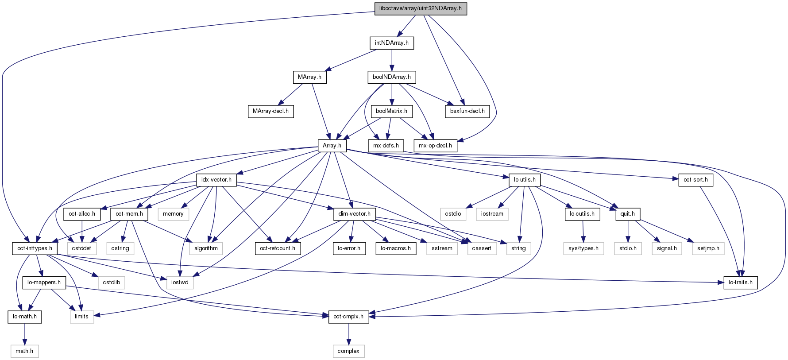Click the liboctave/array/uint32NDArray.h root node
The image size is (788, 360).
[421, 8]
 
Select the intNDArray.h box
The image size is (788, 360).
[392, 43]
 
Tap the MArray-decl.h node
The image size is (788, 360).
[270, 111]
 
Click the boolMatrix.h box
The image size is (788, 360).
[392, 111]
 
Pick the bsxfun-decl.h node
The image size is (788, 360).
[467, 111]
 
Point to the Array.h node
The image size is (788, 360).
[332, 145]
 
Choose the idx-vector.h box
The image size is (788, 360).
[216, 180]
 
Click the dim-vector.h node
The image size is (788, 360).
[354, 214]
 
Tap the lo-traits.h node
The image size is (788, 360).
[740, 283]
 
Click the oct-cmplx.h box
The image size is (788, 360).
[348, 317]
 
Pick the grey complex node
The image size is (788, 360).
[348, 351]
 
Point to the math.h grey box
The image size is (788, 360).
[24, 351]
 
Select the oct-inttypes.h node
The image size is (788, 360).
[35, 248]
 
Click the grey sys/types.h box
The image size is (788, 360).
[583, 248]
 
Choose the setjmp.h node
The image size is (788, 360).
[708, 248]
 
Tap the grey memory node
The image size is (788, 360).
[173, 214]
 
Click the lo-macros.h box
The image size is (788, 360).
[396, 248]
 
